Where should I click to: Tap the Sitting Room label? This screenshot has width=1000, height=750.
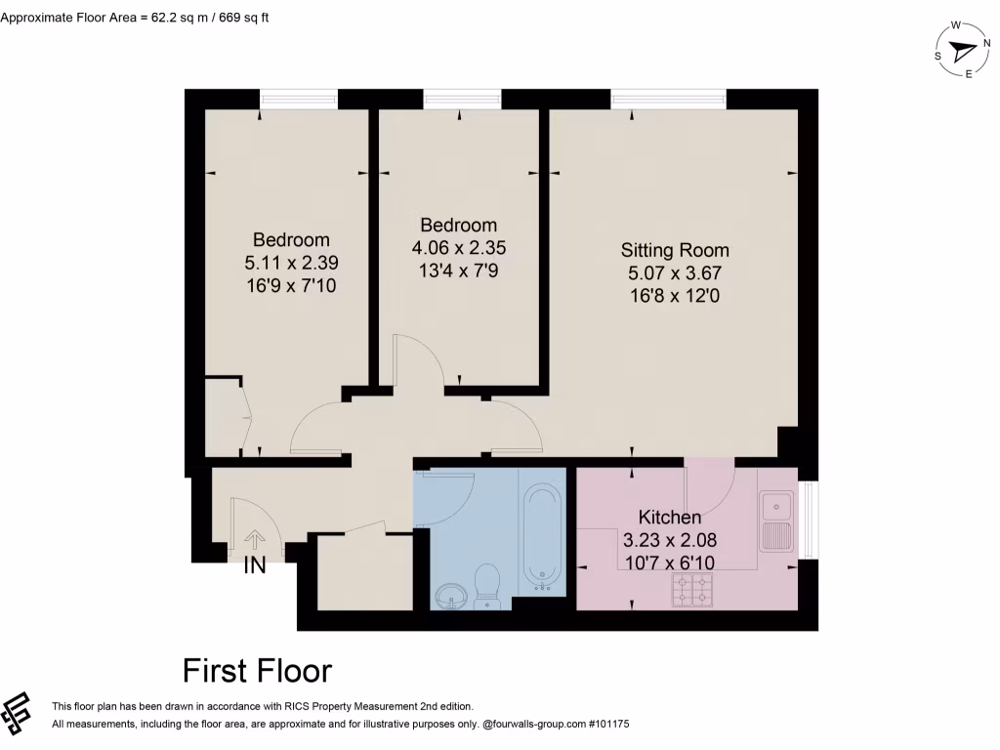(x=674, y=250)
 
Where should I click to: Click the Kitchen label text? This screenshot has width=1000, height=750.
(x=670, y=518)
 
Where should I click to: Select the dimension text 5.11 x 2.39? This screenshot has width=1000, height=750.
(x=291, y=263)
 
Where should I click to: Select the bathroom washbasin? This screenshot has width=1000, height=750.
(x=450, y=595)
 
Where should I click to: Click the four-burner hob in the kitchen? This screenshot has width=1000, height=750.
(x=692, y=589)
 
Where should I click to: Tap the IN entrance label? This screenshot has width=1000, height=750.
(x=254, y=566)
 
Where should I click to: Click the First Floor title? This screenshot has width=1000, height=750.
(x=257, y=671)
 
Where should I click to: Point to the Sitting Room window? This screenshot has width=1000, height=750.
(x=669, y=99)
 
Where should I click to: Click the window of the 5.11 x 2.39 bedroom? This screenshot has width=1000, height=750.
(x=298, y=99)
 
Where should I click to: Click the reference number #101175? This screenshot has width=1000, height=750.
(x=606, y=725)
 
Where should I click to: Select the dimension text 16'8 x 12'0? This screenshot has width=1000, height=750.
(x=674, y=293)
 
